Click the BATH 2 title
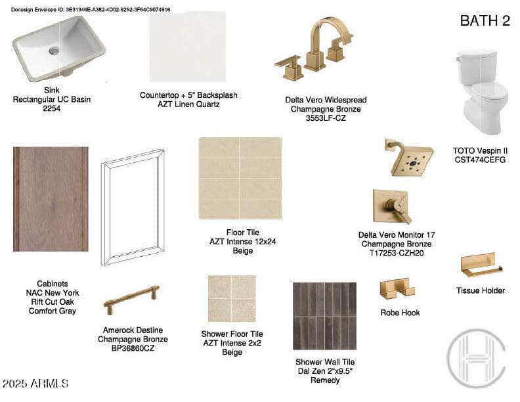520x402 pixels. coord(485,20)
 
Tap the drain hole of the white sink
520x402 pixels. coord(54,51)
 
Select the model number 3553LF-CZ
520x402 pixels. coord(326,118)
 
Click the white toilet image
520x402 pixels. coord(482,92)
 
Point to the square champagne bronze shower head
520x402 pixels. coord(409,158)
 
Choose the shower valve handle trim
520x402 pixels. coord(393,206)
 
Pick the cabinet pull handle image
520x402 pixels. coord(131,300)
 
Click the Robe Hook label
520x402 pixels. coord(401,313)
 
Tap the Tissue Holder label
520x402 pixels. coord(481,290)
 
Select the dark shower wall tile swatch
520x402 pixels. coord(324,316)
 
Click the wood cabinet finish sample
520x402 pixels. coord(51,199)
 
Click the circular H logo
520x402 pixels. coord(477,358)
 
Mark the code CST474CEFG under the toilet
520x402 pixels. coord(480,160)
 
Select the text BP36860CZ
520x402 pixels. coord(133,348)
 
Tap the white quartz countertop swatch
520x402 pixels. coord(188,47)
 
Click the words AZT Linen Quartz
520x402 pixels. coord(188,104)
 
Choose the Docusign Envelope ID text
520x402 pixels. coord(91,10)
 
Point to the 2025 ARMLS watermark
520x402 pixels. coord(35,384)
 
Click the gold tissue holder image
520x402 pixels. coord(481,265)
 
